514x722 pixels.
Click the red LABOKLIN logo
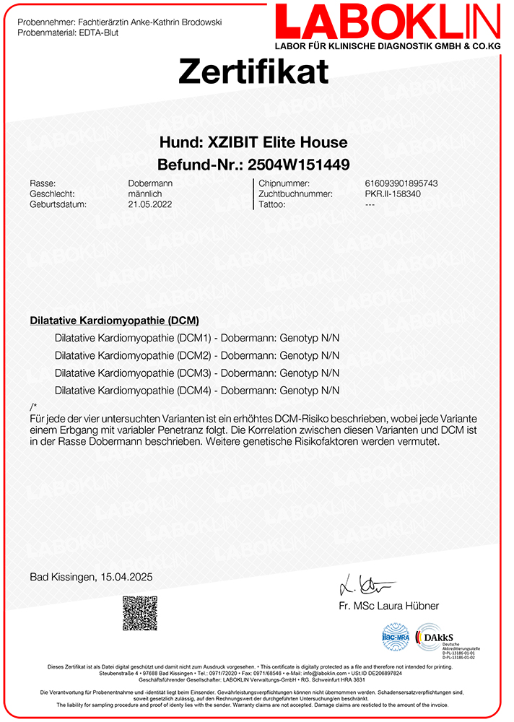[x=387, y=22]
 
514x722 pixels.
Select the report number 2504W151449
[x=300, y=163]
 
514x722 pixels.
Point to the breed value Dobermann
[x=150, y=183]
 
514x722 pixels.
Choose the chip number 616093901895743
[x=401, y=183]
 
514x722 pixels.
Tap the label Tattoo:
[x=273, y=204]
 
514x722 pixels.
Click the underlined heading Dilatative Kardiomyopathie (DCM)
[x=115, y=320]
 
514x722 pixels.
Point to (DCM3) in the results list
[x=194, y=373]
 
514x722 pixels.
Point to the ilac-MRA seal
[x=396, y=637]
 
